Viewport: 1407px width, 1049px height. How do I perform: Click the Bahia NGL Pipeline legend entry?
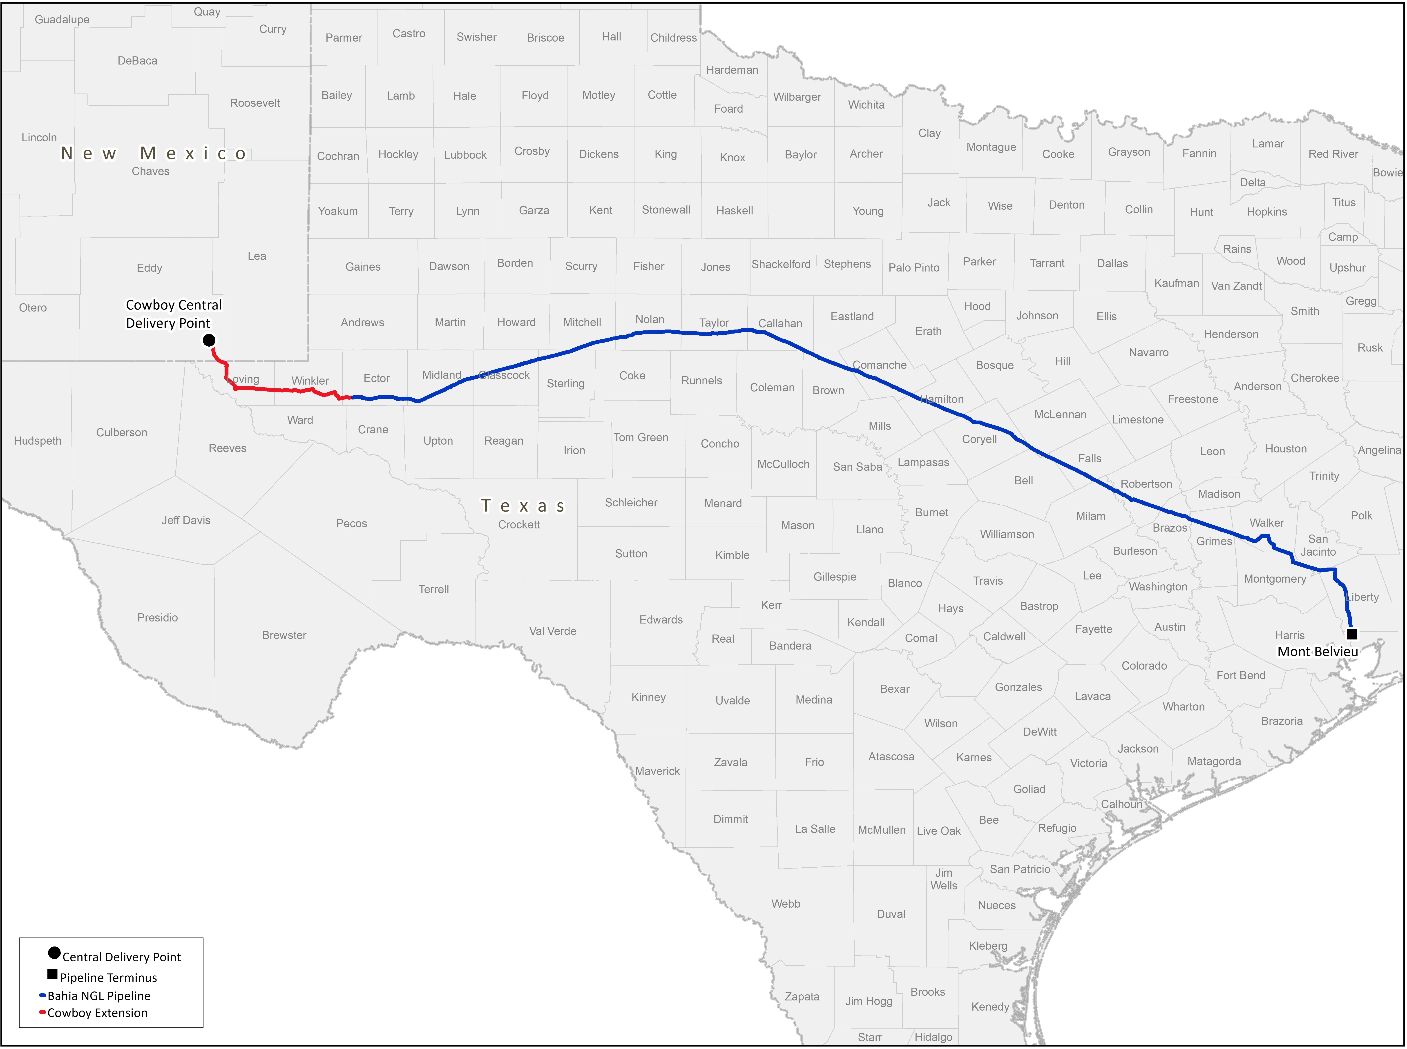[x=98, y=996]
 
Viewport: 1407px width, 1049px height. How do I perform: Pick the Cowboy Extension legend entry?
[x=96, y=1013]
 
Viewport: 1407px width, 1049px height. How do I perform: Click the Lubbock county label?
[x=465, y=155]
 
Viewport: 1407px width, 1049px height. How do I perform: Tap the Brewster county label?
[x=284, y=635]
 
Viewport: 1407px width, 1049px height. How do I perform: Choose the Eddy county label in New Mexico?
[x=149, y=268]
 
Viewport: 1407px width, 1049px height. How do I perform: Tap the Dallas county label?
[x=1112, y=263]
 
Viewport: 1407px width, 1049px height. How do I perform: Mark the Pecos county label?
[x=351, y=523]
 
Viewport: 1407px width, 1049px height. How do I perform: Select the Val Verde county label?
[x=553, y=631]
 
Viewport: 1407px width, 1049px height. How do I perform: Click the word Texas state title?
[x=523, y=506]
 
